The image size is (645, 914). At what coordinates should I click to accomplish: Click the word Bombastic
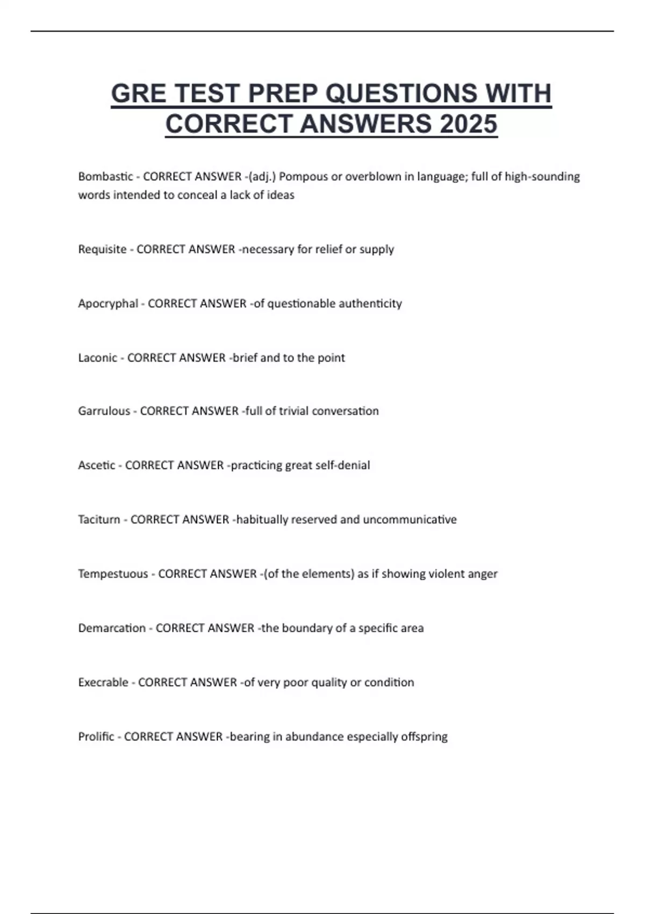point(105,176)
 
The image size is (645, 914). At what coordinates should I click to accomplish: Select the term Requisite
point(102,249)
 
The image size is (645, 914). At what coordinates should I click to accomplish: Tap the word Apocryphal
point(108,304)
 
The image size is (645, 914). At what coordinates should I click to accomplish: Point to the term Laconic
point(97,358)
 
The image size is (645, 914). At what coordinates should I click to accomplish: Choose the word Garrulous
point(104,411)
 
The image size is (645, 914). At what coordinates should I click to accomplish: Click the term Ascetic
point(96,466)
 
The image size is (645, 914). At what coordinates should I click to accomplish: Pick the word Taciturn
point(99,520)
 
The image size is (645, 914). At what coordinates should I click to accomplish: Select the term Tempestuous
point(113,574)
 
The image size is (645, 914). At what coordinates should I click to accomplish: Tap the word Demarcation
point(112,629)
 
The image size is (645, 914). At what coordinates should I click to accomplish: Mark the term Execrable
point(103,683)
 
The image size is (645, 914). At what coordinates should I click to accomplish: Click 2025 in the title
point(468,124)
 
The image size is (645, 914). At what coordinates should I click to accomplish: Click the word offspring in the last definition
point(424,737)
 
